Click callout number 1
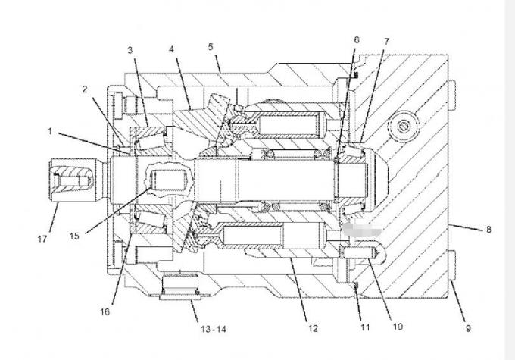(50, 132)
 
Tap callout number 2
(85, 89)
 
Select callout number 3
(130, 50)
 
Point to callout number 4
(171, 49)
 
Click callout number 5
(211, 47)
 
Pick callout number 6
(357, 39)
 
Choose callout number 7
(386, 42)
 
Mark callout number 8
(488, 230)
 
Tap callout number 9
(468, 327)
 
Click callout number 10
(398, 327)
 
